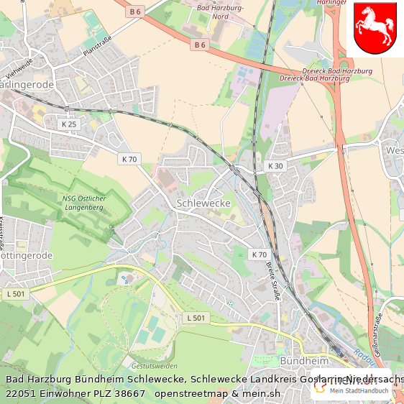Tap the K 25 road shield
pyautogui.click(x=69, y=124)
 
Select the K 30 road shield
pyautogui.click(x=275, y=166)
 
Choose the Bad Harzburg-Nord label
pyautogui.click(x=221, y=12)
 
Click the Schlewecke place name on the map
pyautogui.click(x=203, y=203)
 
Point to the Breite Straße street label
pyautogui.click(x=274, y=280)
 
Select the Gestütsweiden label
pyautogui.click(x=154, y=365)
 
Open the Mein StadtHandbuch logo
pyautogui.click(x=352, y=390)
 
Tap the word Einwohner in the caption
pyautogui.click(x=70, y=394)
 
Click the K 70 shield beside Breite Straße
pyautogui.click(x=259, y=254)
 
